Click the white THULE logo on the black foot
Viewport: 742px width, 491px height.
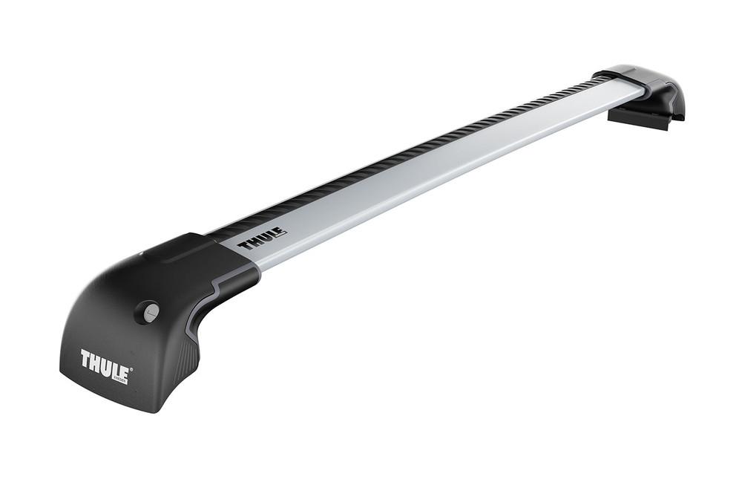tap(105, 365)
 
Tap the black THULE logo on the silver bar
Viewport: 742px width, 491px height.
tap(261, 239)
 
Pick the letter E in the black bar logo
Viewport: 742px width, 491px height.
tap(280, 233)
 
